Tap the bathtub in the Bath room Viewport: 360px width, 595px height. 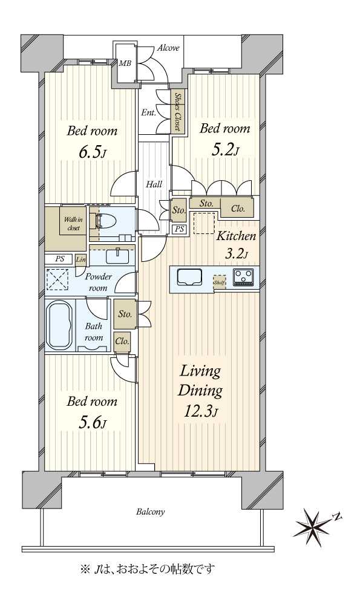59,325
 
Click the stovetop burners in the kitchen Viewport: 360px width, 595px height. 242,276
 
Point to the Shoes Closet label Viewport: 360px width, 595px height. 177,111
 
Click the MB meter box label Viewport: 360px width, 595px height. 125,63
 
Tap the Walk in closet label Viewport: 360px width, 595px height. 73,224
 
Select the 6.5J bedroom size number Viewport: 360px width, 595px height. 92,152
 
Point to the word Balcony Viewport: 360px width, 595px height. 151,512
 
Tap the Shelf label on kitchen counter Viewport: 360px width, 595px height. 220,282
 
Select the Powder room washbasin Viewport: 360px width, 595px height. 117,256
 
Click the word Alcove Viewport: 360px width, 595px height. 168,48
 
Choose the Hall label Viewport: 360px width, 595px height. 154,184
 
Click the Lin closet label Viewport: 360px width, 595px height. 81,260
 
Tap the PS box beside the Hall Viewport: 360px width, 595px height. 179,229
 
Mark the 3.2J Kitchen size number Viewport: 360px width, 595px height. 236,253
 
